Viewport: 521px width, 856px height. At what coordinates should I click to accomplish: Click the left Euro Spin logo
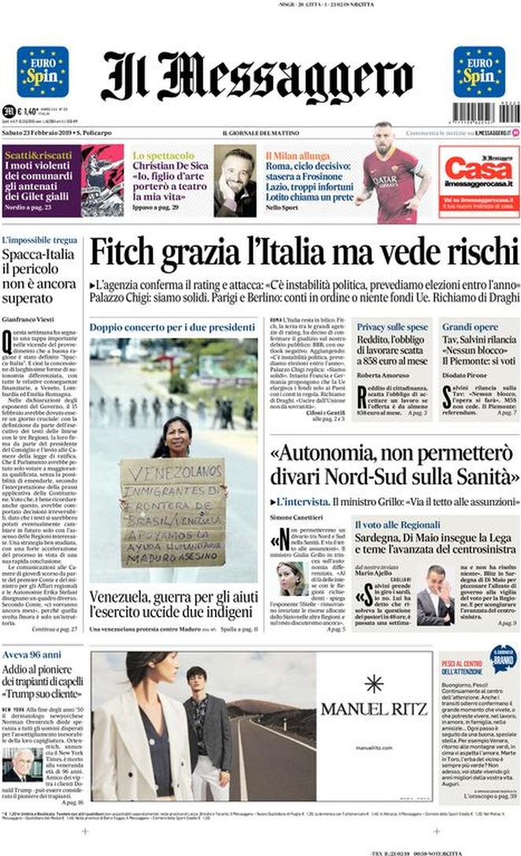[42, 72]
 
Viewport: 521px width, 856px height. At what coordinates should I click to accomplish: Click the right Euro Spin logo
[479, 72]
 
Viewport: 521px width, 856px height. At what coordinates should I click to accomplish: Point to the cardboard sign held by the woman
[173, 512]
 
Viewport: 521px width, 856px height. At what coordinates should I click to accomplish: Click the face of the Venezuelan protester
[175, 435]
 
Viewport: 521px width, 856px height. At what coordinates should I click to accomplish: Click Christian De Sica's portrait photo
[235, 181]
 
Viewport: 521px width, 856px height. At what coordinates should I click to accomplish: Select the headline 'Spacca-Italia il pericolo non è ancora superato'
[39, 276]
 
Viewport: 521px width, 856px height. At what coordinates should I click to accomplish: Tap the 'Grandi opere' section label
[470, 326]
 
